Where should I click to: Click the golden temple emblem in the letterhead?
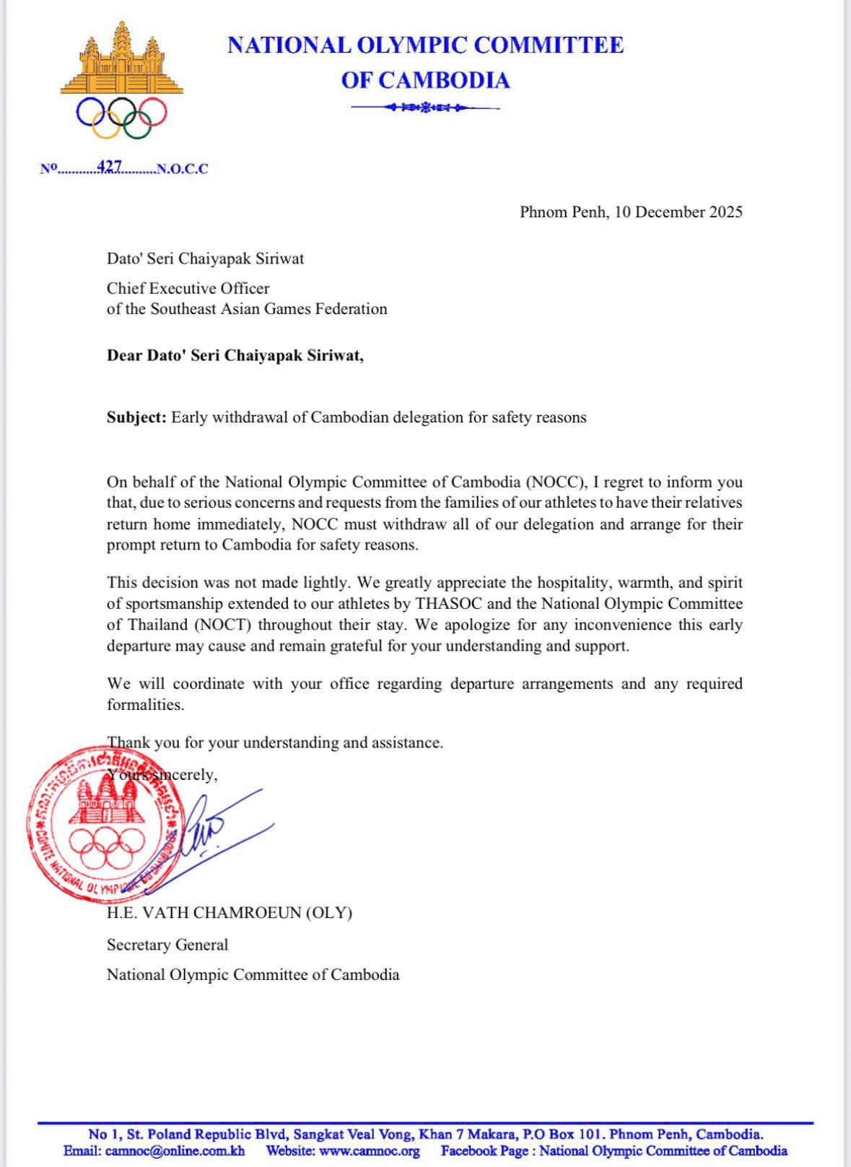(121, 58)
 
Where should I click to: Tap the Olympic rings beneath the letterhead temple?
(121, 116)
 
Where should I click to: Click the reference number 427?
(110, 167)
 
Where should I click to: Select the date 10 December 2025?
(678, 212)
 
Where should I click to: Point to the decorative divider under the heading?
(425, 108)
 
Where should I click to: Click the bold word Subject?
(136, 417)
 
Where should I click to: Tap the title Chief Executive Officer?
(188, 288)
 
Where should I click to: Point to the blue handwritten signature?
(217, 830)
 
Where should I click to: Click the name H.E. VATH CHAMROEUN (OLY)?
(230, 913)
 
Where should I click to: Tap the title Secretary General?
(167, 945)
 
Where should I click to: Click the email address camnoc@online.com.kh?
(175, 1151)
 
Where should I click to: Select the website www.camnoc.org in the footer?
(369, 1151)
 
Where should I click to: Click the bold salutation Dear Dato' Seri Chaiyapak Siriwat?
(235, 355)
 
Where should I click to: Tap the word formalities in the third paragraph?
(145, 705)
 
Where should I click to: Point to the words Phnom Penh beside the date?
(563, 212)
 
